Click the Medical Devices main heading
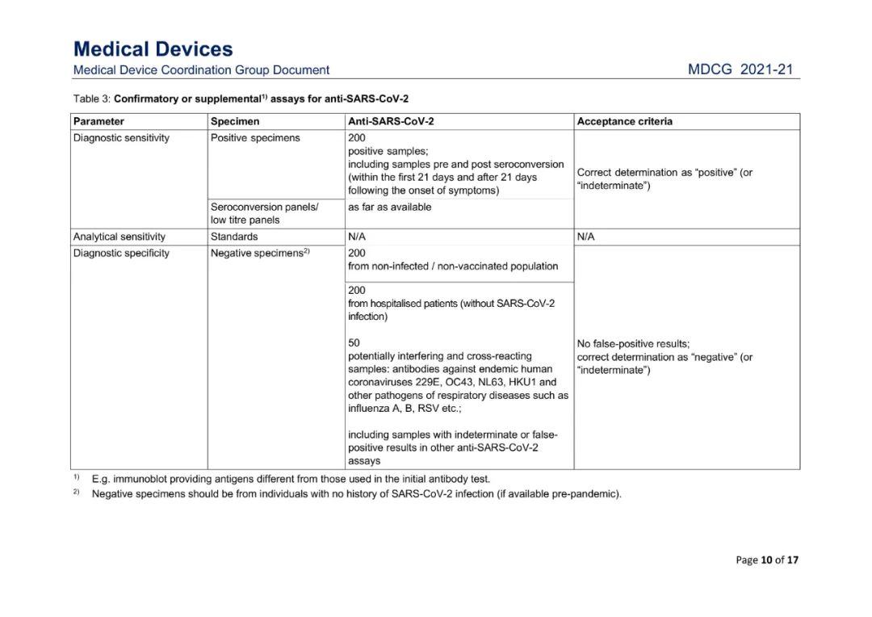(153, 49)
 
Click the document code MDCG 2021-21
(740, 70)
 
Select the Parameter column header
(99, 122)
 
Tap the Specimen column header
(235, 122)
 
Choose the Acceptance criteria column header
(624, 122)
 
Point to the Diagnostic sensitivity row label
(121, 138)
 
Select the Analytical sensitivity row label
(119, 237)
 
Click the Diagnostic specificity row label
(121, 254)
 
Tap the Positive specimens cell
(255, 138)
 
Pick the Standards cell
(234, 237)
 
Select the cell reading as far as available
(389, 207)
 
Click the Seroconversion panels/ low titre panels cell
(264, 213)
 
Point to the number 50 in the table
(354, 343)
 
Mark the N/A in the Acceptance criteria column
(586, 237)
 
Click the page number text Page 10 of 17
(767, 560)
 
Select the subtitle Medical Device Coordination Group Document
(201, 70)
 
